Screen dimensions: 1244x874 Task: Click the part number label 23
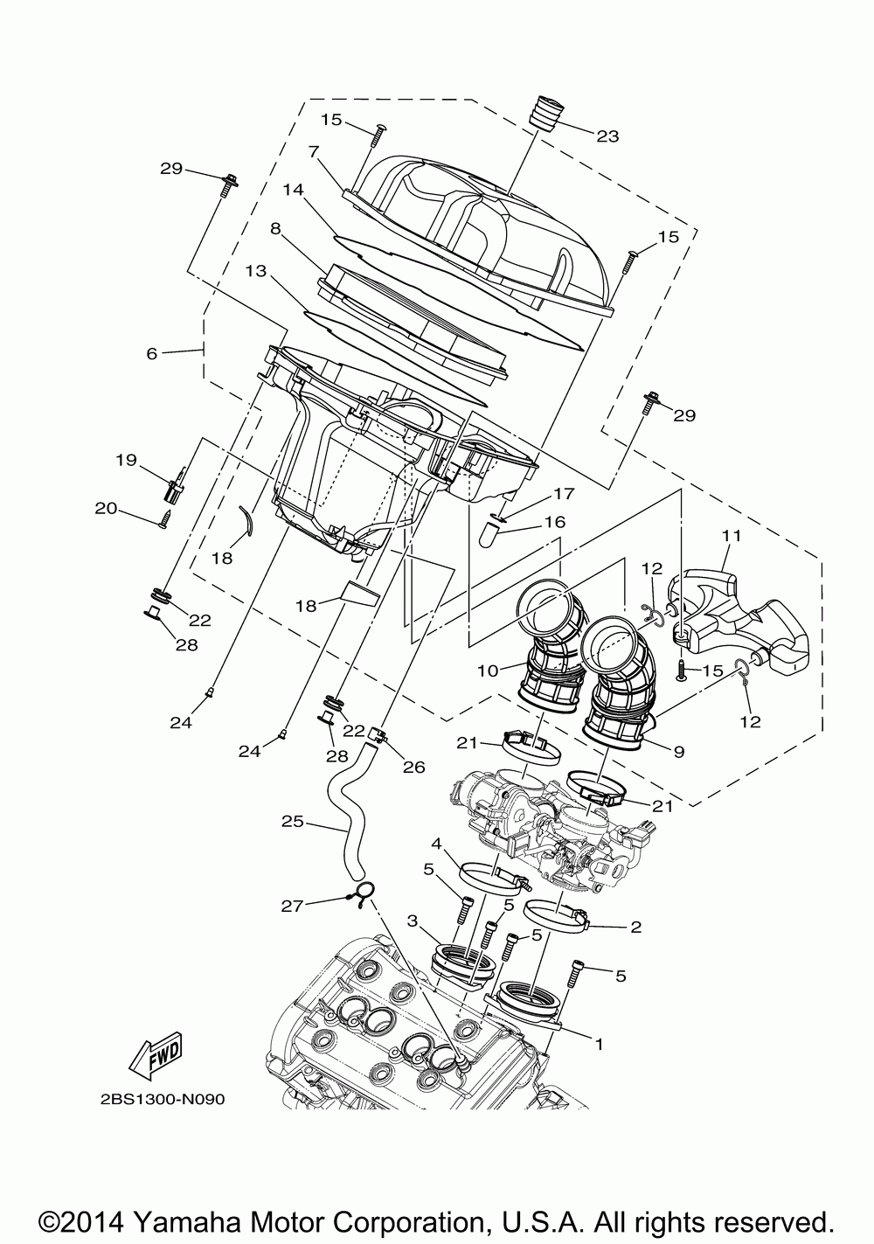tap(607, 136)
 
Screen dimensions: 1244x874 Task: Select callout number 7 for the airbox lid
tap(312, 151)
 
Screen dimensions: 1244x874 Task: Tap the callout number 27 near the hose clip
tap(293, 907)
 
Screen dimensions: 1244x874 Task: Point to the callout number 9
tap(678, 749)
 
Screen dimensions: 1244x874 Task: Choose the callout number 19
tap(127, 459)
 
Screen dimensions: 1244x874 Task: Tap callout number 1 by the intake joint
tap(599, 1043)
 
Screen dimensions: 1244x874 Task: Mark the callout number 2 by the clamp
tap(635, 927)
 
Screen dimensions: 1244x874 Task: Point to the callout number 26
tap(413, 767)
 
